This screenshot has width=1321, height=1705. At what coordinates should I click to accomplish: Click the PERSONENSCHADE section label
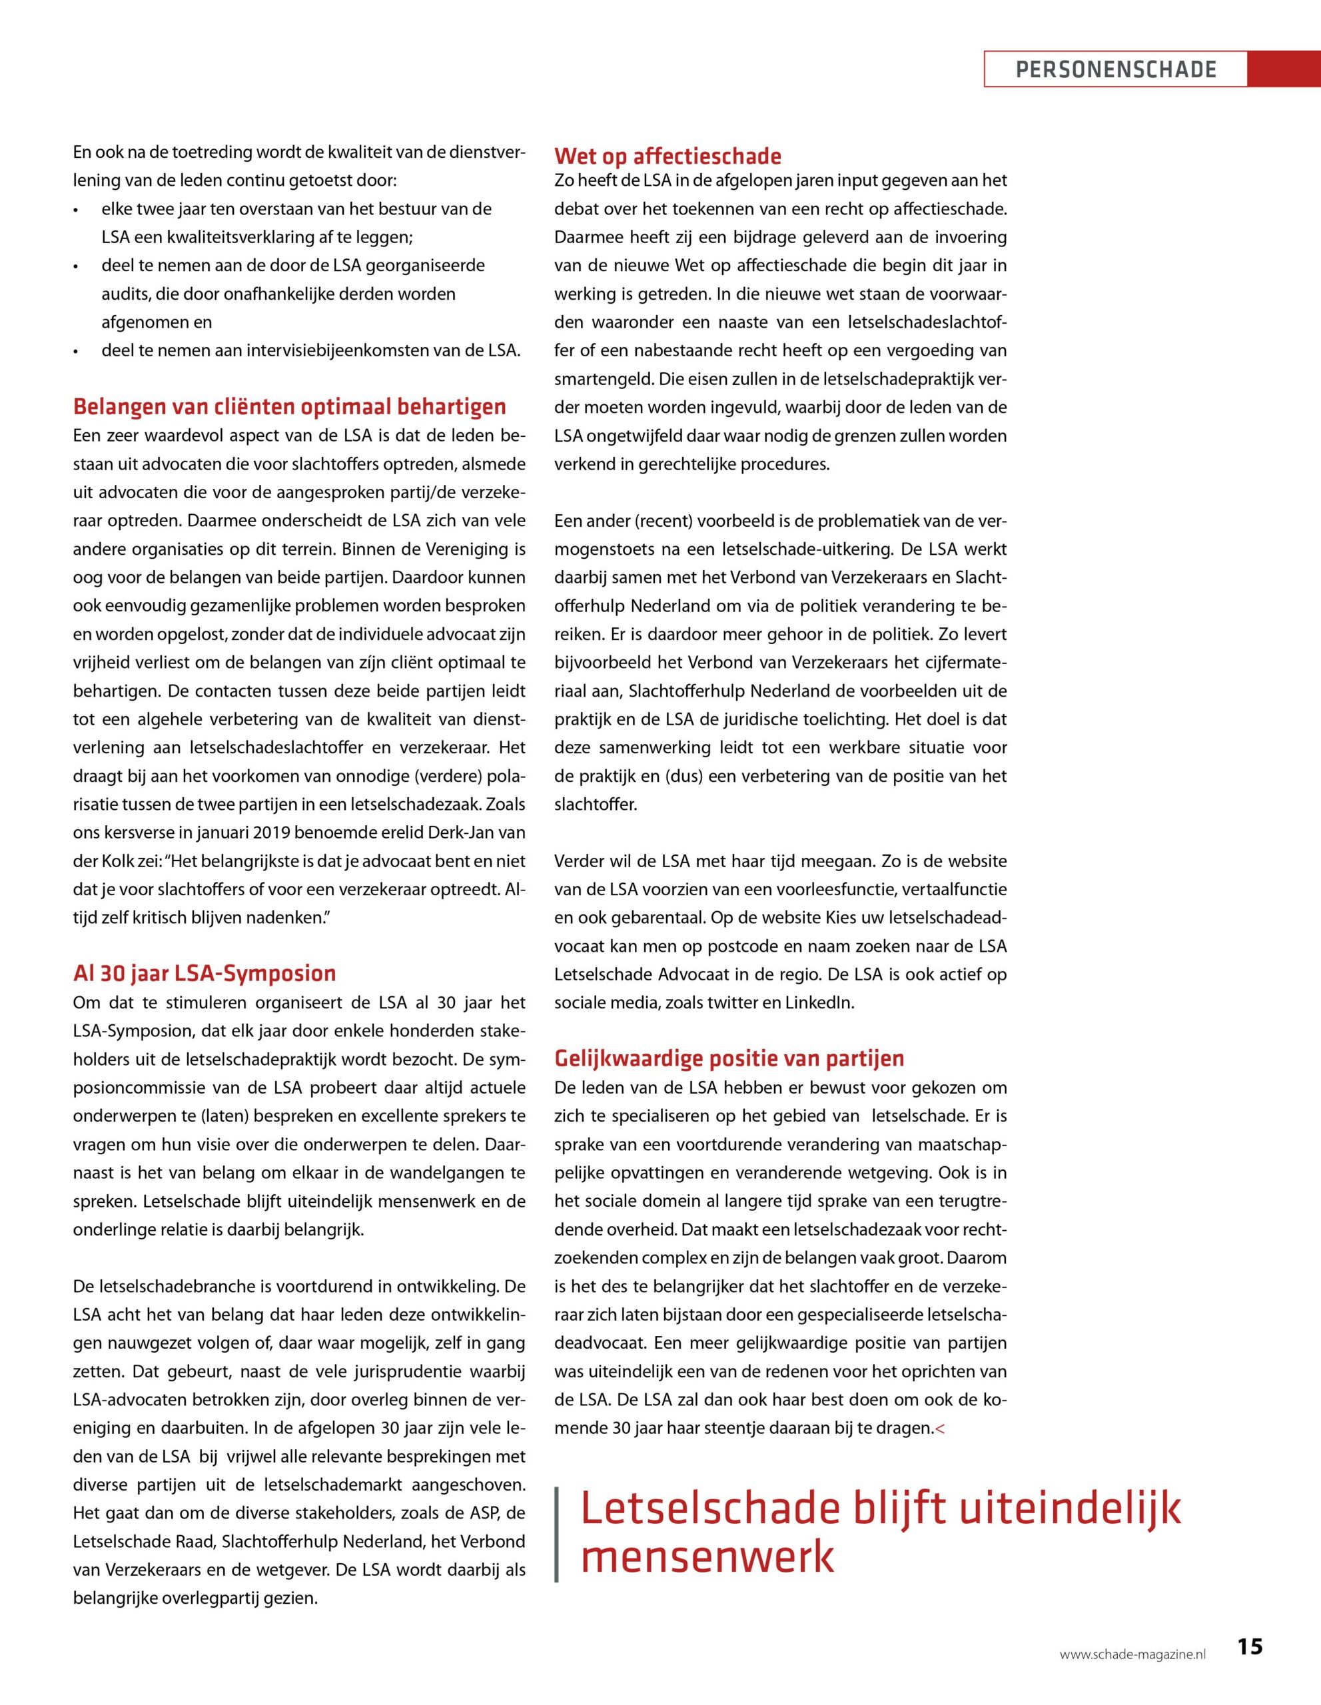pyautogui.click(x=1116, y=69)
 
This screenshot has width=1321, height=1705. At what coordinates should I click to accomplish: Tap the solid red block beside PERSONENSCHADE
pyautogui.click(x=1284, y=69)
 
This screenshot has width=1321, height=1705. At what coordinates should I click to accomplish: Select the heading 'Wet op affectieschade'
pyautogui.click(x=667, y=156)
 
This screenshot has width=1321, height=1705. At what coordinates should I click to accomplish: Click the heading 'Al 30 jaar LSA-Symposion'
pyautogui.click(x=205, y=973)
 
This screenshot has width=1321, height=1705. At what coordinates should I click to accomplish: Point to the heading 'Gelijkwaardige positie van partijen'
pyautogui.click(x=729, y=1058)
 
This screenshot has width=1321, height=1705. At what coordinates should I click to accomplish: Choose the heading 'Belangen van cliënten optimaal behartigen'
pyautogui.click(x=290, y=407)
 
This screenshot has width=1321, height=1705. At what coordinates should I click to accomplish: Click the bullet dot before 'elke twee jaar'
pyautogui.click(x=77, y=210)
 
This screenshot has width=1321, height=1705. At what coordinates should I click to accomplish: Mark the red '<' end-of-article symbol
pyautogui.click(x=939, y=1429)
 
